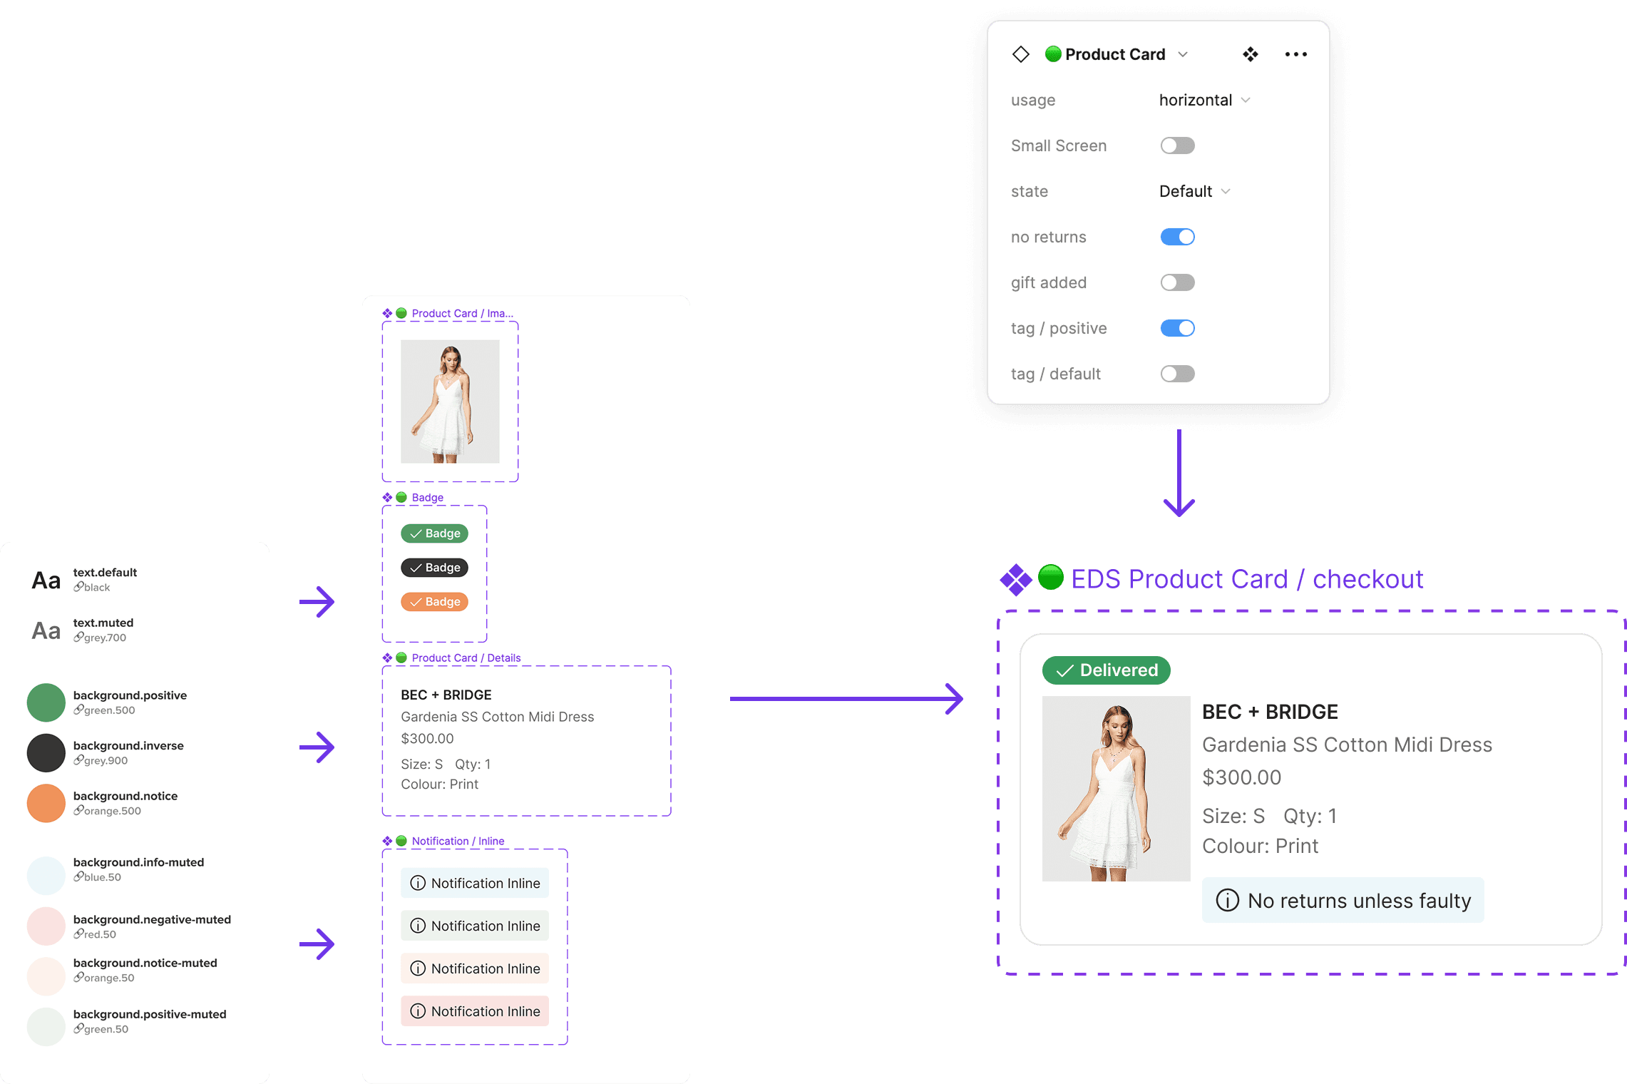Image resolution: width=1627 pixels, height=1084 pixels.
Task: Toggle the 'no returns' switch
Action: (x=1177, y=237)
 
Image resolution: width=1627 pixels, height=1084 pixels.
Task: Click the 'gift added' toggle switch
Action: (x=1177, y=282)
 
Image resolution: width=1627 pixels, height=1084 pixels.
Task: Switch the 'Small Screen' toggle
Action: (x=1177, y=145)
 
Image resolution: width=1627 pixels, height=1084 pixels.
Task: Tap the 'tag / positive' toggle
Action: (x=1177, y=328)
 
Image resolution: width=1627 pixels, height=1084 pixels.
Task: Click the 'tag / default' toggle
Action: (x=1177, y=374)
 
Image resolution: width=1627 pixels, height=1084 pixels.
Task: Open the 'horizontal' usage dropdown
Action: (x=1204, y=100)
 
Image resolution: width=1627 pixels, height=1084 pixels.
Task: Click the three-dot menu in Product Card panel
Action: (x=1295, y=54)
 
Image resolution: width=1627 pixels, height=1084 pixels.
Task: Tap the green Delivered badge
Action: (x=1106, y=670)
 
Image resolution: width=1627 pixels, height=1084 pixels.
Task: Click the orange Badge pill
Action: (x=434, y=602)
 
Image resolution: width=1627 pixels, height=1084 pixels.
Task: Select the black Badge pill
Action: (x=434, y=568)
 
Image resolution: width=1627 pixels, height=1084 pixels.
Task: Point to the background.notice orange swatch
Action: (x=46, y=803)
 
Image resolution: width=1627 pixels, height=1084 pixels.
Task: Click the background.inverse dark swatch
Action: (x=46, y=753)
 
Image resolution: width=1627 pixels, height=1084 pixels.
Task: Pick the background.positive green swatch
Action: (x=46, y=702)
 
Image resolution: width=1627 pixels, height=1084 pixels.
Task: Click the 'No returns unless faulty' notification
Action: (x=1343, y=901)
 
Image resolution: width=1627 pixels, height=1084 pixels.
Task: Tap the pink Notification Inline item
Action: (x=475, y=1011)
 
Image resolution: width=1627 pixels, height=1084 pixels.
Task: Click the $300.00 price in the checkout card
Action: (x=1241, y=777)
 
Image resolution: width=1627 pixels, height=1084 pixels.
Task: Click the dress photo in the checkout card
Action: (x=1116, y=789)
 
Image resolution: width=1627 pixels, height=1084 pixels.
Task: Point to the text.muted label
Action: (x=103, y=623)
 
